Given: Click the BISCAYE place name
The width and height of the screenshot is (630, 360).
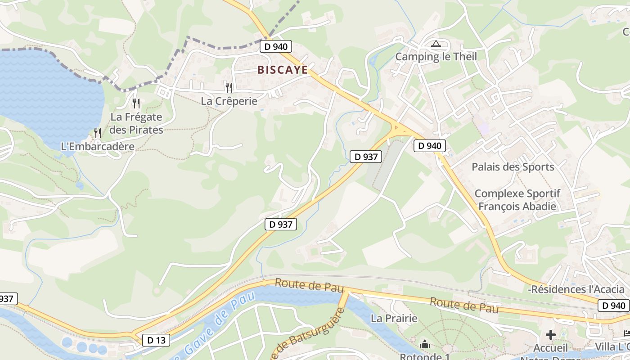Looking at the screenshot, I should (x=283, y=70).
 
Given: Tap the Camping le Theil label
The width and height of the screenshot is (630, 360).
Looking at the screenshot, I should (x=436, y=57).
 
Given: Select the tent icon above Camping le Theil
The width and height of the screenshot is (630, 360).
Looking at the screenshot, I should (x=436, y=44).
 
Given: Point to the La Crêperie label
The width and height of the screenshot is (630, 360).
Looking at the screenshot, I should (x=229, y=101).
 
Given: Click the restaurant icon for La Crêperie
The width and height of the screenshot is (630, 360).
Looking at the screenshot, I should (x=229, y=87).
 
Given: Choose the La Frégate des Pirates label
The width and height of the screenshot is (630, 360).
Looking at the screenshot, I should (x=136, y=123).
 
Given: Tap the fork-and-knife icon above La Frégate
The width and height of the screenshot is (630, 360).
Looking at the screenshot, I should (x=136, y=103).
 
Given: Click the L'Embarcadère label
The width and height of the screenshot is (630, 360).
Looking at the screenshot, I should (x=98, y=147).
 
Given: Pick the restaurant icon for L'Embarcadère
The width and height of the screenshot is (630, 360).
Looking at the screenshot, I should (x=98, y=133).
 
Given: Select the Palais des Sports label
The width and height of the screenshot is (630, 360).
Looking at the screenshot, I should (x=513, y=167).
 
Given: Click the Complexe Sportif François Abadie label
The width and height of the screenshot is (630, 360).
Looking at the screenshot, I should (x=517, y=200).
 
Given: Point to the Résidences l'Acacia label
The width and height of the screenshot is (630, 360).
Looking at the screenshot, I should (x=578, y=289).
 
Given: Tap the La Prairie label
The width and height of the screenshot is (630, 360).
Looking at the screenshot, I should (x=394, y=319).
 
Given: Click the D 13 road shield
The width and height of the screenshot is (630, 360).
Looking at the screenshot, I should (x=156, y=340).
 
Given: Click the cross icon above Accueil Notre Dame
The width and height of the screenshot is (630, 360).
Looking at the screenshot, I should (x=551, y=335).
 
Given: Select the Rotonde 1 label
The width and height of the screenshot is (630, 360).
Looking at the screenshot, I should (x=424, y=356).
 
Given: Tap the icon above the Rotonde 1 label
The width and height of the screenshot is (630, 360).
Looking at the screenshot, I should (x=424, y=345).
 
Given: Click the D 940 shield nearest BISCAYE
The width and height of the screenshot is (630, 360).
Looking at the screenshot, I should (x=276, y=46).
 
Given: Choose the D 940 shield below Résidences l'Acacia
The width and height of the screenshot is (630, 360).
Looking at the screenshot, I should (x=614, y=306).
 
